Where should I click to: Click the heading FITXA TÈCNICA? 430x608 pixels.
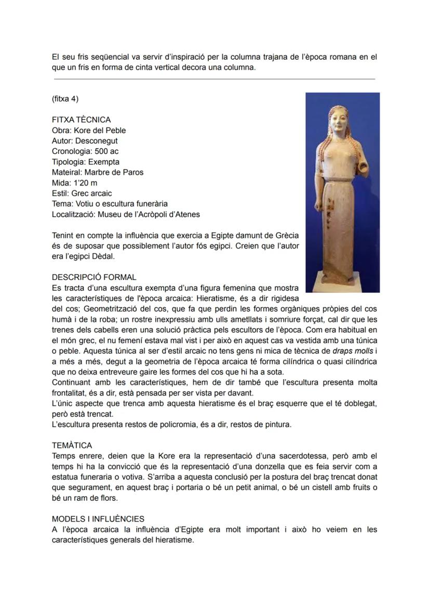[x=81, y=120]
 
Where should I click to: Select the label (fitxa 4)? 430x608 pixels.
[x=65, y=99]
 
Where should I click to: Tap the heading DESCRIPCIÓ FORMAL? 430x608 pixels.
[x=94, y=277]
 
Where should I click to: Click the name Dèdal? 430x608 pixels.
[x=107, y=256]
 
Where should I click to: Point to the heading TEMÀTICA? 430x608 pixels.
[x=72, y=445]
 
